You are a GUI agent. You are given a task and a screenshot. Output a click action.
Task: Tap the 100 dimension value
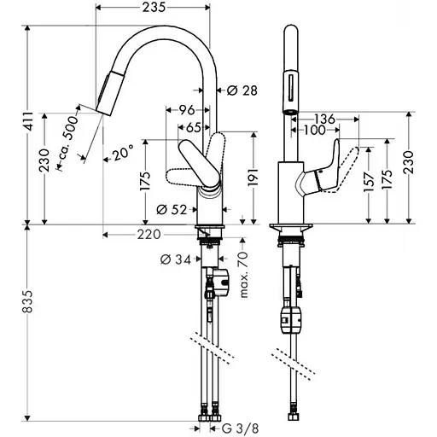pyautogui.click(x=313, y=131)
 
